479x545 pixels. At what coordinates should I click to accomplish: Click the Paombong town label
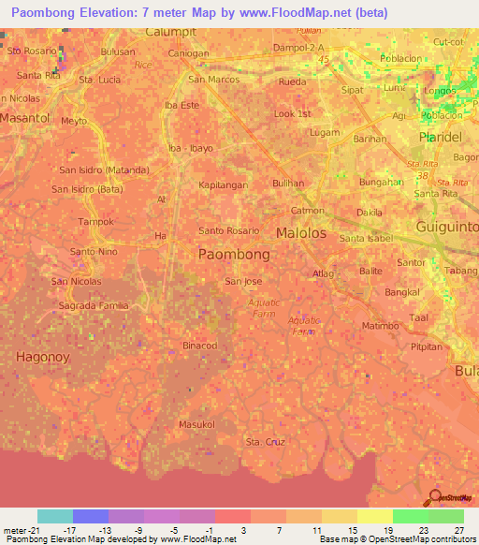tap(235, 254)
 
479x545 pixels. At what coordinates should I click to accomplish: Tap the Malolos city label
tap(301, 232)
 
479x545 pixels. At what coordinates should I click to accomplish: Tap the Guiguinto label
tap(445, 227)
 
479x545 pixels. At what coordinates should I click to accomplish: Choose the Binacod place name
tap(199, 345)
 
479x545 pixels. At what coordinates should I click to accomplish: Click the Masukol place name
tap(196, 424)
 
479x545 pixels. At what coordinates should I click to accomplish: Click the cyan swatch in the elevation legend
tap(55, 516)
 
